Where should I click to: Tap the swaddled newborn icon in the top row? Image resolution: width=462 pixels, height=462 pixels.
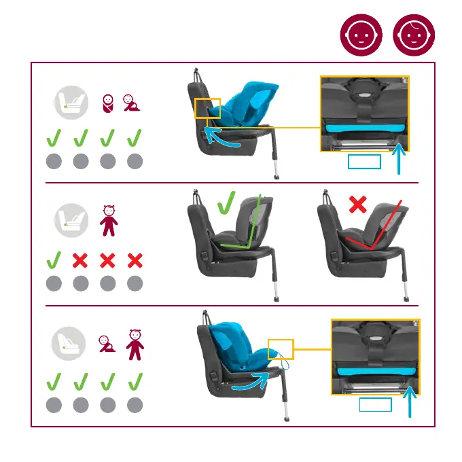pos(107,103)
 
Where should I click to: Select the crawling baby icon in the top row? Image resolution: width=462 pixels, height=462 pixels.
pos(132,103)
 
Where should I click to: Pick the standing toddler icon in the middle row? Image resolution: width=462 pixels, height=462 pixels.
pos(109,220)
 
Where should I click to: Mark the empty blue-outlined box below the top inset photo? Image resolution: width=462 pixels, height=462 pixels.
pos(364,162)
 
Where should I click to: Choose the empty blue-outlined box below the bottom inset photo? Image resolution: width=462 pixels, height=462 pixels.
pos(375,405)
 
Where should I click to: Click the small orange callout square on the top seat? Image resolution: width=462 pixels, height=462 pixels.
pos(207,108)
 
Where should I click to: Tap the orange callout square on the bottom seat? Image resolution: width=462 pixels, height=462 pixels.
pos(281,349)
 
